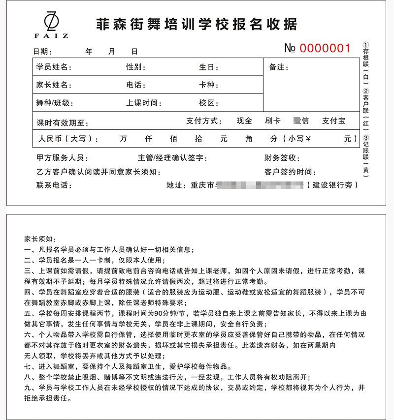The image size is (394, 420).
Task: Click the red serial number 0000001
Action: click(325, 48)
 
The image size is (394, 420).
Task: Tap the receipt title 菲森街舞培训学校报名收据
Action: click(196, 23)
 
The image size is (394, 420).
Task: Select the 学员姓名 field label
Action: click(54, 67)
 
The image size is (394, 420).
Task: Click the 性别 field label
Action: click(135, 67)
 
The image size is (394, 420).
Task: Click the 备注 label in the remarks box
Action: click(279, 67)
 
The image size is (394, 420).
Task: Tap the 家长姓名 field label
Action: click(54, 85)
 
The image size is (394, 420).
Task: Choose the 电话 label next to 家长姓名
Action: click(135, 85)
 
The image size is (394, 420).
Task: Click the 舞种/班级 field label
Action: click(55, 103)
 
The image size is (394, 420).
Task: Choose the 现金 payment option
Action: click(244, 120)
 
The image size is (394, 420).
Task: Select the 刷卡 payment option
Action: click(272, 120)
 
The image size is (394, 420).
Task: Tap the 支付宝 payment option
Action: click(333, 120)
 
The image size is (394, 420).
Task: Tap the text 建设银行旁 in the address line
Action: click(332, 185)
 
